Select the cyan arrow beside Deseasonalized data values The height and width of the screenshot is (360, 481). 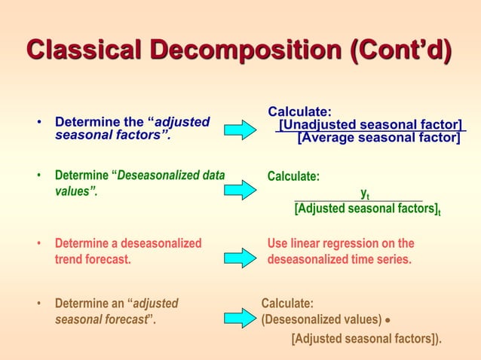[x=242, y=188]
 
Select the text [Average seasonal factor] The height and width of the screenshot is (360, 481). [x=378, y=138]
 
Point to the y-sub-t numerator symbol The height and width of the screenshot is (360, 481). [x=364, y=194]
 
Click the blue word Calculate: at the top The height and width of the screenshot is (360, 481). [x=299, y=111]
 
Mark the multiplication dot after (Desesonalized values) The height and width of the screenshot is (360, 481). [x=387, y=320]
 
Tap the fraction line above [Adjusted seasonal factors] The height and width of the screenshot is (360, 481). [x=358, y=201]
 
